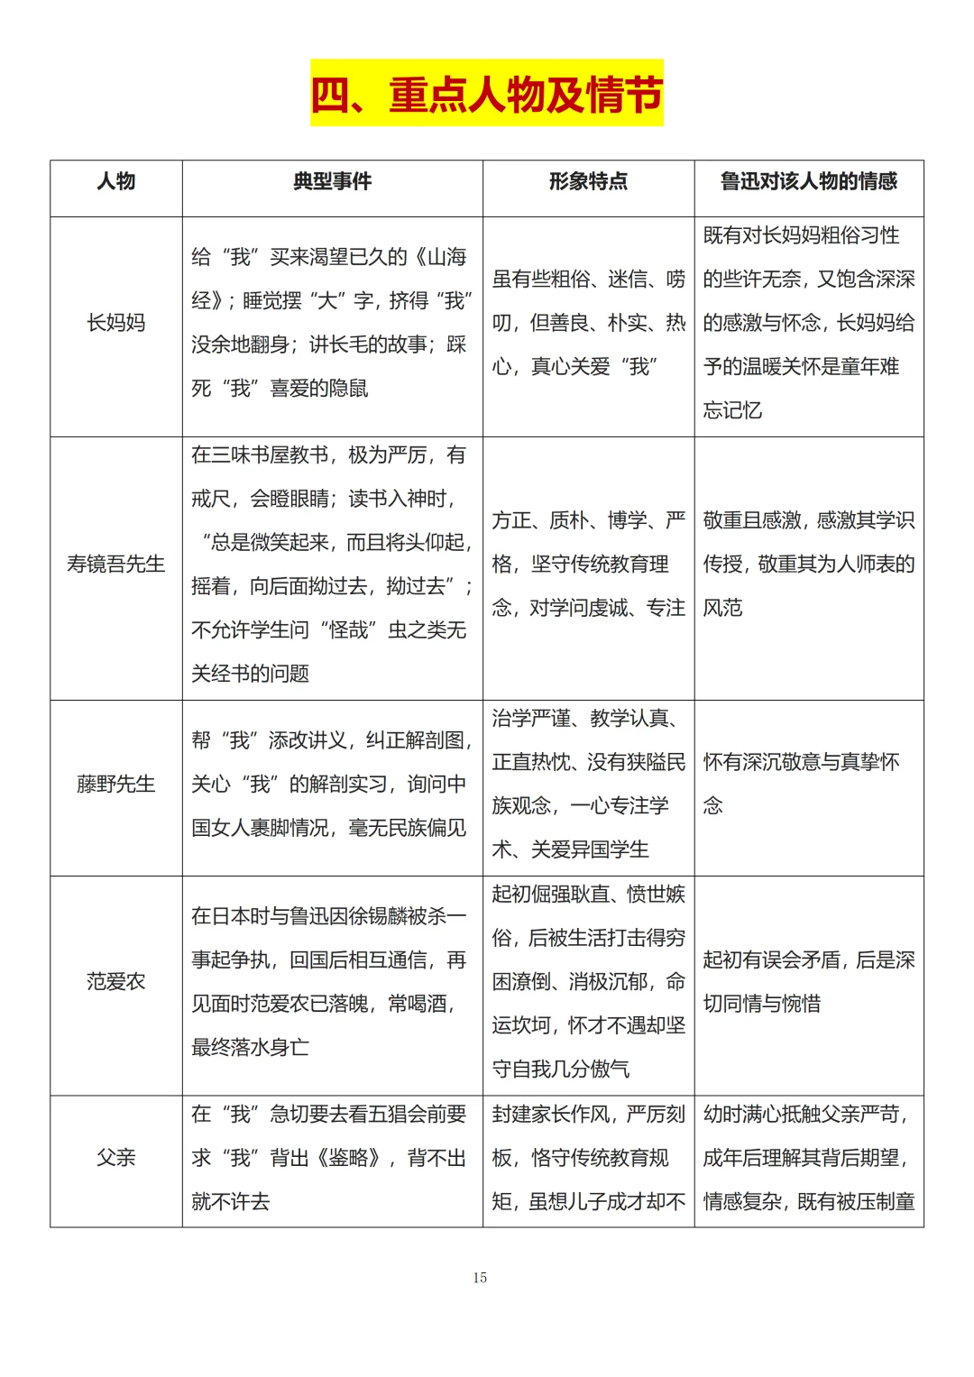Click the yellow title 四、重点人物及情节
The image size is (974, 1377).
click(x=487, y=94)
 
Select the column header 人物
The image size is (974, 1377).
click(x=116, y=181)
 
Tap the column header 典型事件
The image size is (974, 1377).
click(x=332, y=181)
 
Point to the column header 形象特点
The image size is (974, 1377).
click(x=588, y=181)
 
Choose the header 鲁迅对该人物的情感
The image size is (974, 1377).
click(x=808, y=181)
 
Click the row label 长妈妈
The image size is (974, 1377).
click(x=116, y=323)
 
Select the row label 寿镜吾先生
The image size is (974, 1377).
click(x=116, y=565)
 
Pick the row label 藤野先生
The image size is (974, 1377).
click(x=116, y=785)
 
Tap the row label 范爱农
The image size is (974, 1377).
click(x=116, y=982)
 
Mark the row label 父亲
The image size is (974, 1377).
click(x=116, y=1158)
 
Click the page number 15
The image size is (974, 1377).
click(x=480, y=1278)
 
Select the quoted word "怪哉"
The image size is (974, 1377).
click(x=348, y=630)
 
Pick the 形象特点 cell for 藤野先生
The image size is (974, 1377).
click(x=588, y=785)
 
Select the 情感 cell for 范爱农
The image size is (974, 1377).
click(x=808, y=982)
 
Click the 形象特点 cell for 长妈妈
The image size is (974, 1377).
click(x=588, y=323)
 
